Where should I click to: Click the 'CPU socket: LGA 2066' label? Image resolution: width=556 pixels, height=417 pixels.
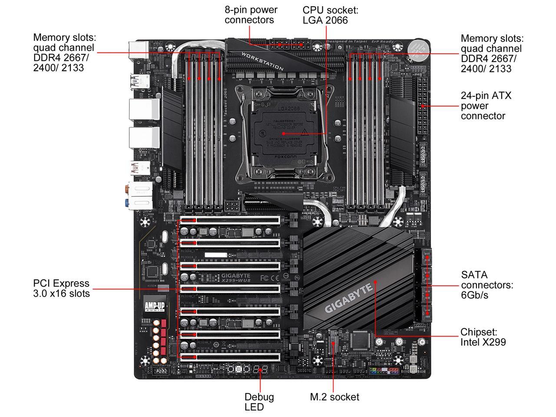click(x=330, y=15)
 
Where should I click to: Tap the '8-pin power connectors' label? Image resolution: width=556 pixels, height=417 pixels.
click(x=251, y=15)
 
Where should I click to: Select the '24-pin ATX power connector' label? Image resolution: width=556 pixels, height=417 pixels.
click(x=486, y=106)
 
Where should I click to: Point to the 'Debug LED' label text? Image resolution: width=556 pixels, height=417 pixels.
click(x=259, y=402)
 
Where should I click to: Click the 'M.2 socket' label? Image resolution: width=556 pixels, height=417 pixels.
click(x=334, y=397)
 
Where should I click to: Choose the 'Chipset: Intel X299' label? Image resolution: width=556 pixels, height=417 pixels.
click(x=483, y=337)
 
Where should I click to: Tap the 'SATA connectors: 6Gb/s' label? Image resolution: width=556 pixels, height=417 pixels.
click(x=487, y=285)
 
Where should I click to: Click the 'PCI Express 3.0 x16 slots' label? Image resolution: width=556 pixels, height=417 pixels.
click(x=61, y=288)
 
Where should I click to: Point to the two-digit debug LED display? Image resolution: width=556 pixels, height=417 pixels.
click(x=260, y=370)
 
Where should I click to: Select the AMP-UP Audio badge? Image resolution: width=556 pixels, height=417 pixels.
click(x=155, y=304)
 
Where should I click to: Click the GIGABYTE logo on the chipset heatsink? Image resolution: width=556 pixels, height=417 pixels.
click(x=349, y=298)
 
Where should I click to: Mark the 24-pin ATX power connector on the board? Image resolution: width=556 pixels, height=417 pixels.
click(x=422, y=106)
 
